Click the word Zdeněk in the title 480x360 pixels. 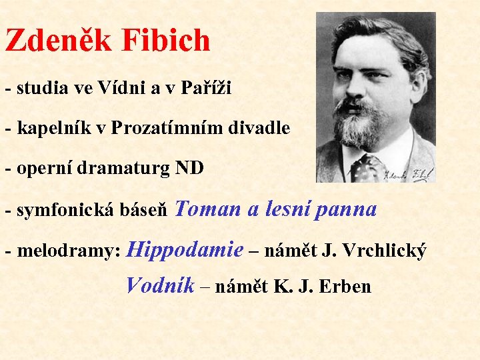(58, 41)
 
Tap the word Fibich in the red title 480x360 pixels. (166, 41)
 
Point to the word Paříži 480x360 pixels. (206, 88)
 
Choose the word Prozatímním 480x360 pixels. (166, 128)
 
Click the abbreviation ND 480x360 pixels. (189, 169)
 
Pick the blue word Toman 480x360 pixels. (210, 209)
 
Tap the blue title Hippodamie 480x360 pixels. (185, 251)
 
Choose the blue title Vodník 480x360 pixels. (160, 286)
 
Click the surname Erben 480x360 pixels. (345, 287)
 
